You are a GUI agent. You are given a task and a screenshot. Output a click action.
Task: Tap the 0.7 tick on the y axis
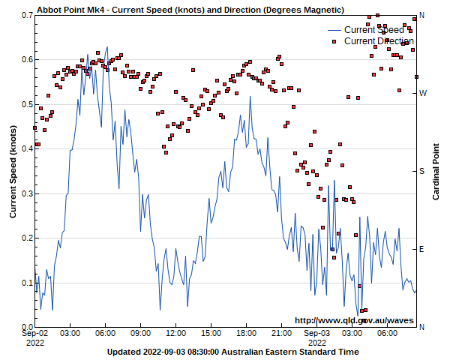24,15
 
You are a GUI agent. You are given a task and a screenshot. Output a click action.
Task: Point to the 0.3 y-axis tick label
24,193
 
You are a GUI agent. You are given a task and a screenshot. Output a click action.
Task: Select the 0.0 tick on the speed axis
24,327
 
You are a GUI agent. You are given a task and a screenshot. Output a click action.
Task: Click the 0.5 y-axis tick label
24,104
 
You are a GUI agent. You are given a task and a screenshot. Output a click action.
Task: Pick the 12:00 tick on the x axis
175,333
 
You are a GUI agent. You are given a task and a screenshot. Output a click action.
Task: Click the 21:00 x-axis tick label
281,333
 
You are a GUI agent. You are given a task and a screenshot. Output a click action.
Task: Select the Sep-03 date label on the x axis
316,333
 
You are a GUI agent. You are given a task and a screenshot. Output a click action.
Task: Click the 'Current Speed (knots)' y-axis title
13,171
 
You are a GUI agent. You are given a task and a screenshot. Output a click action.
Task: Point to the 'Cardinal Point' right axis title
436,171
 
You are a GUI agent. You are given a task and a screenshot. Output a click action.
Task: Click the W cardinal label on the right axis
422,93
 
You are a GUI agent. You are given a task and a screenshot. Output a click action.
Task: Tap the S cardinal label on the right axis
421,171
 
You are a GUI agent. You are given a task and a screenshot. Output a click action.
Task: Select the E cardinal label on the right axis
421,249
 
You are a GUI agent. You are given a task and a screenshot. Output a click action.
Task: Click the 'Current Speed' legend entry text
374,30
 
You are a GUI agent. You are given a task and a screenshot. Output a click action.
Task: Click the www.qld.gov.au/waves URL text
354,320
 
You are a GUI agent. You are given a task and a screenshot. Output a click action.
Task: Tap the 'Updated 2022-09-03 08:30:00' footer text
232,352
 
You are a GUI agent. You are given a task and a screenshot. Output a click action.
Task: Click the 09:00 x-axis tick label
140,333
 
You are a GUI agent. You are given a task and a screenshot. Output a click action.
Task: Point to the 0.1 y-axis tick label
24,283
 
